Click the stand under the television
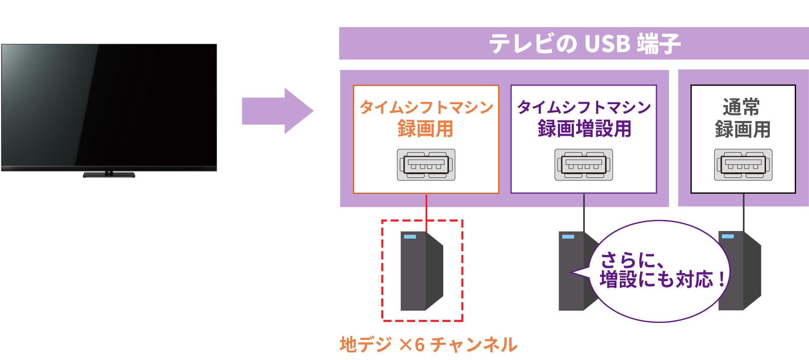(109, 174)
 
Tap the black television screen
(109, 105)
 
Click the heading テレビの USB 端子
(584, 43)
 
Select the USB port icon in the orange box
(426, 165)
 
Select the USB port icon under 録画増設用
(584, 165)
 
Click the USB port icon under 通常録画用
(743, 165)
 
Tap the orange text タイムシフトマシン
(426, 107)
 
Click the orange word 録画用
(426, 129)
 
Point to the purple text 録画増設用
(584, 129)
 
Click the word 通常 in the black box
(742, 107)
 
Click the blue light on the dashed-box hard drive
(410, 237)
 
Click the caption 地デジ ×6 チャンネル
(428, 344)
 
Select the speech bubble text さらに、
(632, 260)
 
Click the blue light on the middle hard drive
(568, 237)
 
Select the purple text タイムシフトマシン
(584, 107)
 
